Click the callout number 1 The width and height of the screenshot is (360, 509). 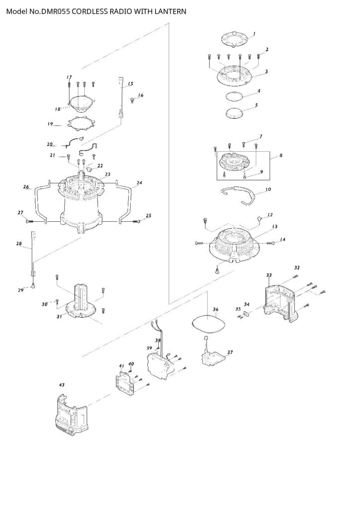pyautogui.click(x=254, y=33)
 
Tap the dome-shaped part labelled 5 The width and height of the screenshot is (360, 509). pyautogui.click(x=235, y=113)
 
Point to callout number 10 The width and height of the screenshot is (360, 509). pyautogui.click(x=268, y=189)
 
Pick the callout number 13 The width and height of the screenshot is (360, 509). pyautogui.click(x=275, y=227)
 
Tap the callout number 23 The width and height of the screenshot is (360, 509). pyautogui.click(x=107, y=174)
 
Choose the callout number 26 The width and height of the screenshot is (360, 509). pyautogui.click(x=26, y=187)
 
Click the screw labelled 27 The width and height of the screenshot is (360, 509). pyautogui.click(x=29, y=221)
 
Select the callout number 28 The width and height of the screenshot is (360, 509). pyautogui.click(x=19, y=244)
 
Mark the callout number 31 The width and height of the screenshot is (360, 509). pyautogui.click(x=59, y=317)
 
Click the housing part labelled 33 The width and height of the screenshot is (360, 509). pyautogui.click(x=280, y=302)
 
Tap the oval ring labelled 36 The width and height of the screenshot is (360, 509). pyautogui.click(x=208, y=323)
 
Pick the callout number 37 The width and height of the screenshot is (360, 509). pyautogui.click(x=230, y=352)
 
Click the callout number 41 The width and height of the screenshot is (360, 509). pyautogui.click(x=121, y=366)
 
